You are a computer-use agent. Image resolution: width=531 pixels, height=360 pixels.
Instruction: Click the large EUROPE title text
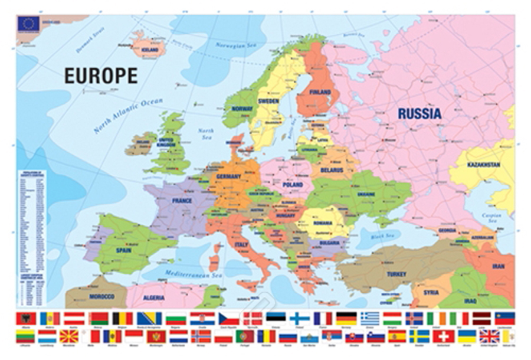click(101, 76)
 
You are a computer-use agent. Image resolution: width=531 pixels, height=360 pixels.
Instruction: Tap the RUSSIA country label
click(419, 113)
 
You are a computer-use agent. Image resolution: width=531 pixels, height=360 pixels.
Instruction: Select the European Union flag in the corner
click(28, 24)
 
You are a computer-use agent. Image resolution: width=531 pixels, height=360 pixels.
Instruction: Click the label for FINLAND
click(320, 93)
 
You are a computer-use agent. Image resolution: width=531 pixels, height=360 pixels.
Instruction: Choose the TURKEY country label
click(396, 274)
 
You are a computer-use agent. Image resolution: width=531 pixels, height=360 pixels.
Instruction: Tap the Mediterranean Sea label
click(177, 273)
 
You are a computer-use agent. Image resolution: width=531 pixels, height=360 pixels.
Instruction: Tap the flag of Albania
click(25, 318)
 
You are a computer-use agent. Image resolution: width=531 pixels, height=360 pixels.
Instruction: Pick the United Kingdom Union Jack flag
click(489, 336)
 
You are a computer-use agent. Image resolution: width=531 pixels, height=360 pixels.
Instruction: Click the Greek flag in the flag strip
click(370, 318)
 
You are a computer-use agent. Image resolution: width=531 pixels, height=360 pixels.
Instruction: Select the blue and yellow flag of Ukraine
click(467, 336)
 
